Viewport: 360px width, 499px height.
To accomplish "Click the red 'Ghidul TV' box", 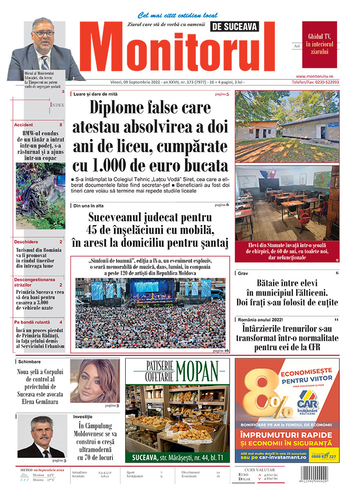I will (319, 44).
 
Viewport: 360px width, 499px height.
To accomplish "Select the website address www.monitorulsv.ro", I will (321, 76).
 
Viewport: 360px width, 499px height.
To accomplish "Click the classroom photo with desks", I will (286, 204).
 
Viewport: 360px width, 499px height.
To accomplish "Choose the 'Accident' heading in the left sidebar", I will (24, 124).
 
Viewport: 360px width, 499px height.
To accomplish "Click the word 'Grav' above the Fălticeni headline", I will (243, 273).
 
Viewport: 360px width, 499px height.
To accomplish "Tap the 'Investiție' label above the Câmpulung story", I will (83, 416).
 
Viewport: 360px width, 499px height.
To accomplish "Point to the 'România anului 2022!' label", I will (260, 319).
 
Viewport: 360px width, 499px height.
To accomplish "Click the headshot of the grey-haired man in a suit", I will (41, 437).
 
